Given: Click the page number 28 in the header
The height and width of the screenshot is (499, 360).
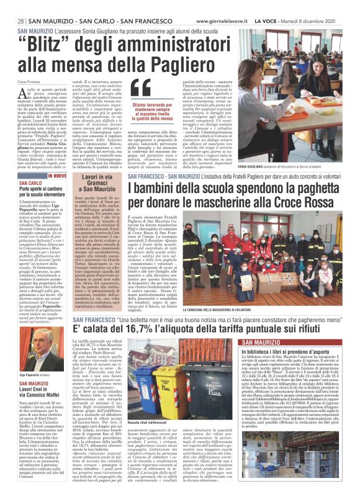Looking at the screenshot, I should [20, 21].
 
